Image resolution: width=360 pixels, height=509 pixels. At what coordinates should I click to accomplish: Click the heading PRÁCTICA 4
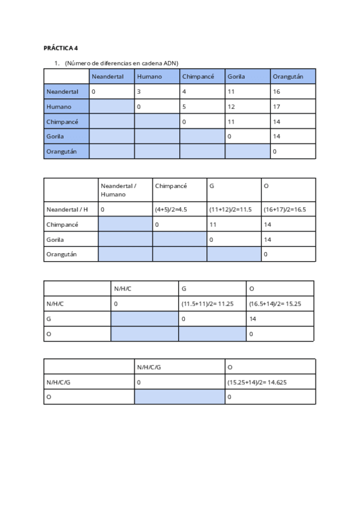pos(61,47)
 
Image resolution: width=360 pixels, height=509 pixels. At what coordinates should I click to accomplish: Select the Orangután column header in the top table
pos(287,77)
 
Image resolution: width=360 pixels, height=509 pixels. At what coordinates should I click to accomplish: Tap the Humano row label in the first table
pos(59,107)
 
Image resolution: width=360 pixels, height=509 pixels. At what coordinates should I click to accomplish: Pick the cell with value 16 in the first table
pos(277,92)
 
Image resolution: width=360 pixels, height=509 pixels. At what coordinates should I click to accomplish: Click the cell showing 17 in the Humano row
pos(277,107)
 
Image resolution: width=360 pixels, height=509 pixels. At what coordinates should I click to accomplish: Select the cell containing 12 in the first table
pos(232,107)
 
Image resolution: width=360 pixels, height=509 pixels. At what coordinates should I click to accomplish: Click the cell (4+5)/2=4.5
pos(172,209)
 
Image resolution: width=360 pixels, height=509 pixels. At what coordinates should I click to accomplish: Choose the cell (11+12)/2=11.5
pos(230,209)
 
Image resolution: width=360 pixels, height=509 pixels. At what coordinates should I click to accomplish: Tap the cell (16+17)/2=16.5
pos(285,209)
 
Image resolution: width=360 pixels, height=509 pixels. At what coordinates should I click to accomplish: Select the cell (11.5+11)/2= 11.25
pos(207,304)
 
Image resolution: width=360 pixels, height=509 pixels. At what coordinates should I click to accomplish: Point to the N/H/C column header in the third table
pos(122,289)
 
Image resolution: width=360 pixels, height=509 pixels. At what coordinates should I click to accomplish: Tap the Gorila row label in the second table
pos(55,239)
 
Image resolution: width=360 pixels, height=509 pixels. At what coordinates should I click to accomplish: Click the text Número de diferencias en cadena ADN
pos(122,63)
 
